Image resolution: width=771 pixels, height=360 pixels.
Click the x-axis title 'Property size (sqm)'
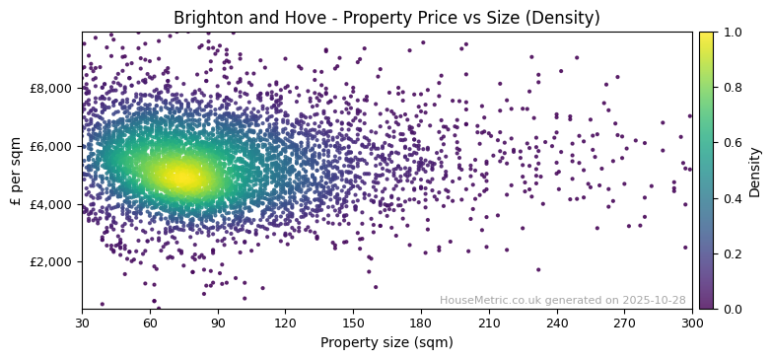[386, 343]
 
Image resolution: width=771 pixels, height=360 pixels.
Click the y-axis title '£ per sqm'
[17, 171]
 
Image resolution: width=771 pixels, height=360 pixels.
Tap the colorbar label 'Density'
[754, 171]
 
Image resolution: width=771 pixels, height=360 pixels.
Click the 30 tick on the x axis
[82, 323]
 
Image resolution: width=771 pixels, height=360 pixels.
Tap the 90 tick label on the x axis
[218, 323]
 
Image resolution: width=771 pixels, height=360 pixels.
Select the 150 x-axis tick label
[353, 323]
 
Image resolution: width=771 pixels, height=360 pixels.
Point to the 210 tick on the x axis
[489, 323]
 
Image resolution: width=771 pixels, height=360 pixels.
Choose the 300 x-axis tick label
[692, 323]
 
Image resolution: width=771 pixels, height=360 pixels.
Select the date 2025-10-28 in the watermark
[654, 300]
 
